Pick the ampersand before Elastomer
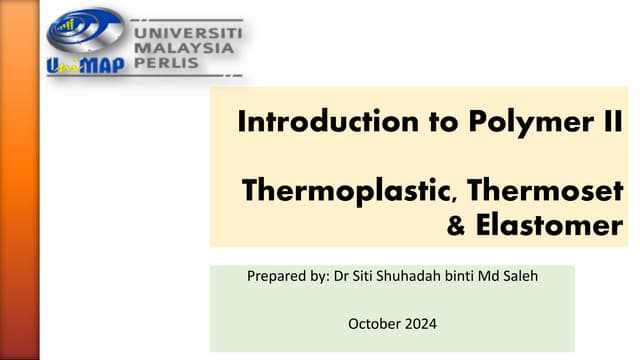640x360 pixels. tap(457, 227)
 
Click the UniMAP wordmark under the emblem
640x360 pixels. tap(85, 66)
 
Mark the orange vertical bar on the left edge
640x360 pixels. tap(19, 180)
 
